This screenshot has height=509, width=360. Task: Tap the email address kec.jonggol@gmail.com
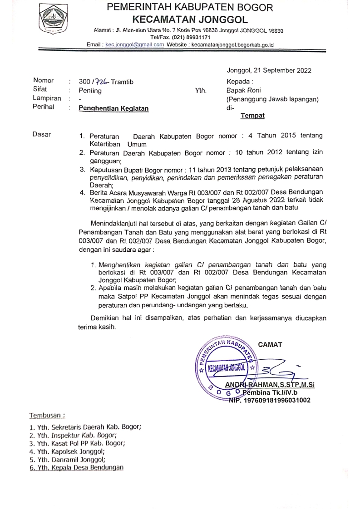(x=134, y=45)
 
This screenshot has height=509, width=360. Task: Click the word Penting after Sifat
(x=90, y=90)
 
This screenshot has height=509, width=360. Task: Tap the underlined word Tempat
(x=253, y=116)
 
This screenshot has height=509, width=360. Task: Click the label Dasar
(x=42, y=135)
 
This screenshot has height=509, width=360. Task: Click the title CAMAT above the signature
(x=270, y=344)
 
